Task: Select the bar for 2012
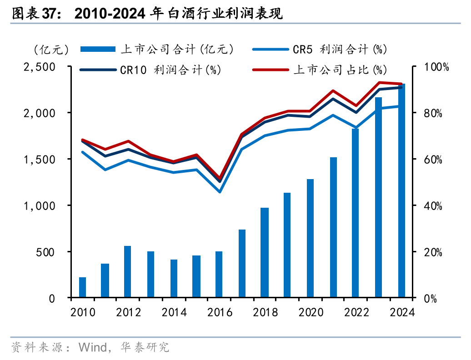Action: coord(128,272)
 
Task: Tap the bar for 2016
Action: coord(219,275)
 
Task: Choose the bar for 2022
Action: coord(356,213)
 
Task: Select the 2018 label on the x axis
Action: coord(266,313)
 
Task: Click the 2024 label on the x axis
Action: coord(402,313)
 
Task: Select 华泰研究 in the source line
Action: coord(145,348)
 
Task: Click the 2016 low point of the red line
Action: coord(220,178)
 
